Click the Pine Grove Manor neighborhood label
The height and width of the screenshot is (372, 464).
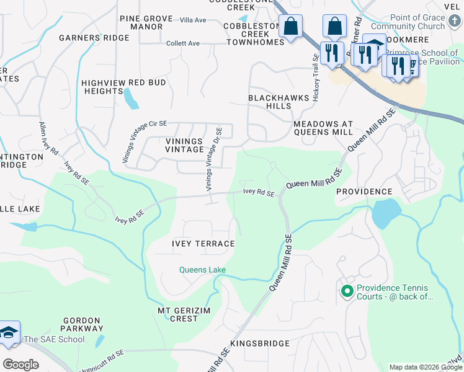click(141, 22)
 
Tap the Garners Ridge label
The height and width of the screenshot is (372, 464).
click(94, 38)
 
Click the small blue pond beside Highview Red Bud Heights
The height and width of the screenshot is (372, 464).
click(130, 98)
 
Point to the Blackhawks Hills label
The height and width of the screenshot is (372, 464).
click(270, 102)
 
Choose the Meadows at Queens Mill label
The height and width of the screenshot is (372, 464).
click(323, 128)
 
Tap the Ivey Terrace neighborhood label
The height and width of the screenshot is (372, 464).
click(203, 244)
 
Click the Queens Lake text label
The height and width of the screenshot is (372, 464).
click(202, 270)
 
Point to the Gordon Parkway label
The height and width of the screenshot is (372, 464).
click(82, 324)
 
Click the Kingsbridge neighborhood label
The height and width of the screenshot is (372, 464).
click(260, 343)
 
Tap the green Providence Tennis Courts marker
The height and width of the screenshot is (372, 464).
click(347, 290)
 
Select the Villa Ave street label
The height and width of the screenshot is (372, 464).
click(192, 20)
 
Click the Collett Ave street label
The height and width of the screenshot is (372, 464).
click(183, 43)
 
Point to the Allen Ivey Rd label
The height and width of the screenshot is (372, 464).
click(48, 138)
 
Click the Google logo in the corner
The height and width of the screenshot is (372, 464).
click(20, 364)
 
